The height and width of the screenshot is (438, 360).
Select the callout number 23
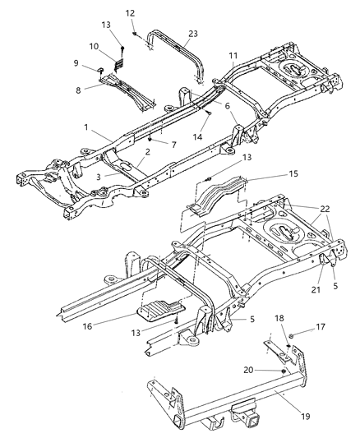pos(193,35)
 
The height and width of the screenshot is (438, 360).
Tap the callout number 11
pos(233,57)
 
